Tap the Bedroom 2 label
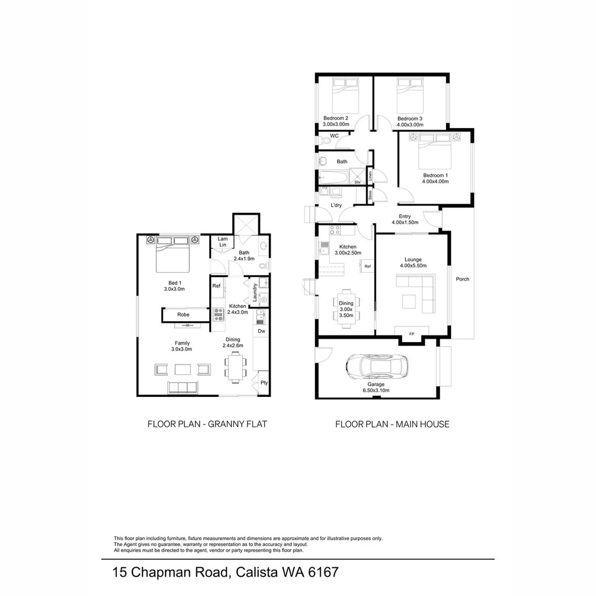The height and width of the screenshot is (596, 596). coord(336,121)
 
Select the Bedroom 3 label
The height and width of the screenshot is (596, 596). coord(410,121)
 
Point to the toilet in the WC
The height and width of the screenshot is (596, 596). coord(326,141)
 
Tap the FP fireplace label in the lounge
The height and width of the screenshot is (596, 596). coord(412,334)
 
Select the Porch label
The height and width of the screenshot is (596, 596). coord(462,279)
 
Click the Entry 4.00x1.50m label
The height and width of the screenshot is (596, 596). coord(405,219)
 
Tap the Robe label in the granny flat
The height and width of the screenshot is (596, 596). coord(183,315)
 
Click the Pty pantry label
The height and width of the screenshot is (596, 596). coord(264,382)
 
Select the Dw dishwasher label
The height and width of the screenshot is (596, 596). coord(261,331)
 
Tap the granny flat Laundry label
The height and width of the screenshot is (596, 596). coord(255,292)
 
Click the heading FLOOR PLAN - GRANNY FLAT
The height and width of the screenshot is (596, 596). coord(207,424)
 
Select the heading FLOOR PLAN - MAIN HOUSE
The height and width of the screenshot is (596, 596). coord(392,424)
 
